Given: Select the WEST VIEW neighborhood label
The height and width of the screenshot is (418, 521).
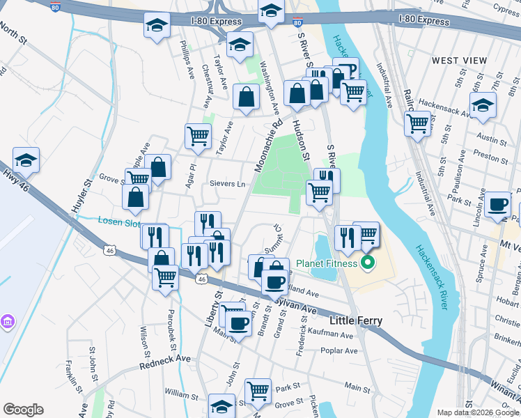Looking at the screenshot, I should [459, 61].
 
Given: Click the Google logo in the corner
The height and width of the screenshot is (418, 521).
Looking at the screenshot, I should [23, 410].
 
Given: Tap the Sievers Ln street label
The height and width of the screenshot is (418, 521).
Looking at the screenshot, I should [228, 184].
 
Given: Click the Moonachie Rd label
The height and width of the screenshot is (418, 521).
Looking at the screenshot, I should [268, 144].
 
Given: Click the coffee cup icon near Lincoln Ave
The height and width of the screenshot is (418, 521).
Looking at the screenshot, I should [497, 204].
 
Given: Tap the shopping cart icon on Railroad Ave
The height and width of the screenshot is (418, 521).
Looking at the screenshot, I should [418, 123].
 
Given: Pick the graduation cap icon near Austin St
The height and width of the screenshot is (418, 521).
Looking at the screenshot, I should [482, 105].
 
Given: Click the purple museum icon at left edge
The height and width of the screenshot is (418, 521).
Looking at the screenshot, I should [7, 322].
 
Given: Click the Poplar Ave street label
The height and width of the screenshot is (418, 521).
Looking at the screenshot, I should [338, 351].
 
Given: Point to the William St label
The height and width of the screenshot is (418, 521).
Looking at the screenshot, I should [182, 394].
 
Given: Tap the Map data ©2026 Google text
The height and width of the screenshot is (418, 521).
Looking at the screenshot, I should [477, 412].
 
